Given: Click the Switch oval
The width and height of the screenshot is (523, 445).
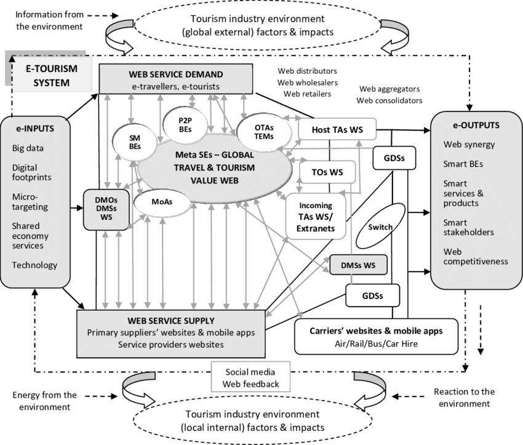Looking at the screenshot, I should pyautogui.click(x=380, y=227).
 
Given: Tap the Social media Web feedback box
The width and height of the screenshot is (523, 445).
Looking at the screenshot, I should pyautogui.click(x=250, y=377).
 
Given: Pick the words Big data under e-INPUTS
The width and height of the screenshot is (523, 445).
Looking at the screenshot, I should pyautogui.click(x=28, y=148).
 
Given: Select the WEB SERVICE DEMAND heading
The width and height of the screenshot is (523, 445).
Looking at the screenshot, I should pyautogui.click(x=175, y=74).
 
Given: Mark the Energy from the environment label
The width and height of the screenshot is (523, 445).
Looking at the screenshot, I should pyautogui.click(x=44, y=401).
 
